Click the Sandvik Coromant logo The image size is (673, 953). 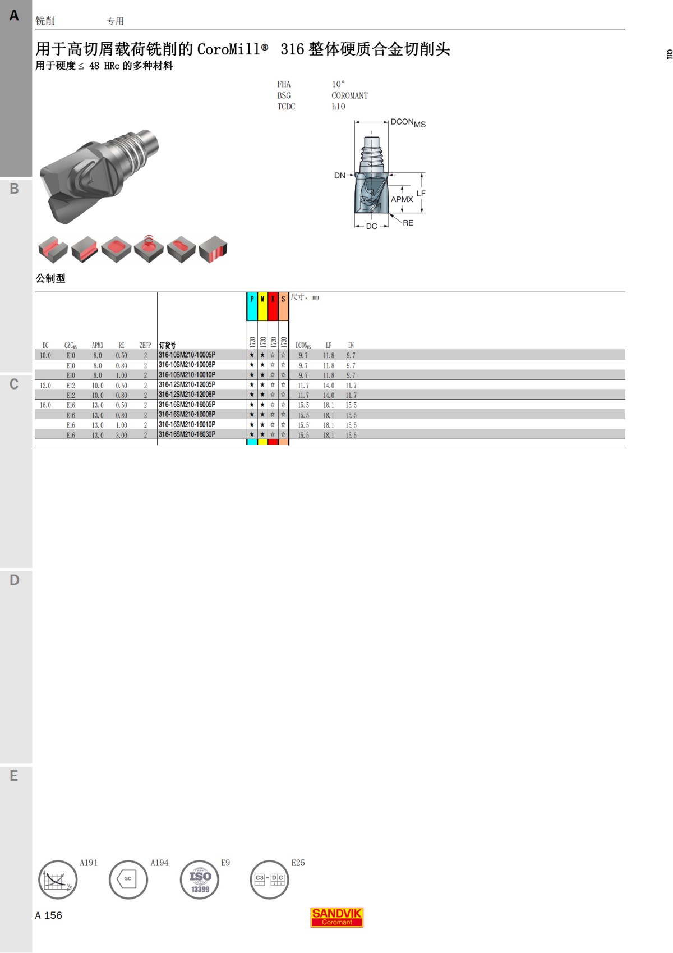337,917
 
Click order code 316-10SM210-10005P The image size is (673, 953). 187,355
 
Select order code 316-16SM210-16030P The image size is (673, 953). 187,434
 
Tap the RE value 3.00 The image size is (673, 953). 121,435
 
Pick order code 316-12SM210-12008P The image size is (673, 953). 187,395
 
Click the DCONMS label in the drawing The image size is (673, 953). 408,122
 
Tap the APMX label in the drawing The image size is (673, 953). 402,199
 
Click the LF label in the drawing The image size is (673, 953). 421,193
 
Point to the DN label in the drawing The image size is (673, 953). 339,176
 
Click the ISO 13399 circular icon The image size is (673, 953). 200,879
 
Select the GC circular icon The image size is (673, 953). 128,879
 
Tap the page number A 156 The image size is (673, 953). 49,915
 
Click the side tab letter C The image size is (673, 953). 14,384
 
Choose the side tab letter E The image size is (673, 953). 14,776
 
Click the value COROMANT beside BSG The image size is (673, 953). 349,95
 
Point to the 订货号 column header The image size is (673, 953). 167,345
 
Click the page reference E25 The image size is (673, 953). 298,863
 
